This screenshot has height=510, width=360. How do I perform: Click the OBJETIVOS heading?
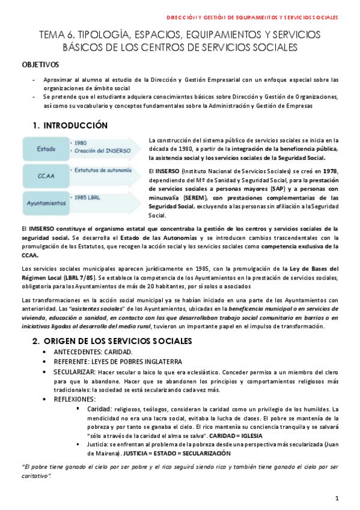pos(40,64)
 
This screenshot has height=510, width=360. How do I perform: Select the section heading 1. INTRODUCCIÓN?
pos(70,125)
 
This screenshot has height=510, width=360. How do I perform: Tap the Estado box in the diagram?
pos(46,148)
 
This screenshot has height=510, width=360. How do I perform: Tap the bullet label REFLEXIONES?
pos(74,399)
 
